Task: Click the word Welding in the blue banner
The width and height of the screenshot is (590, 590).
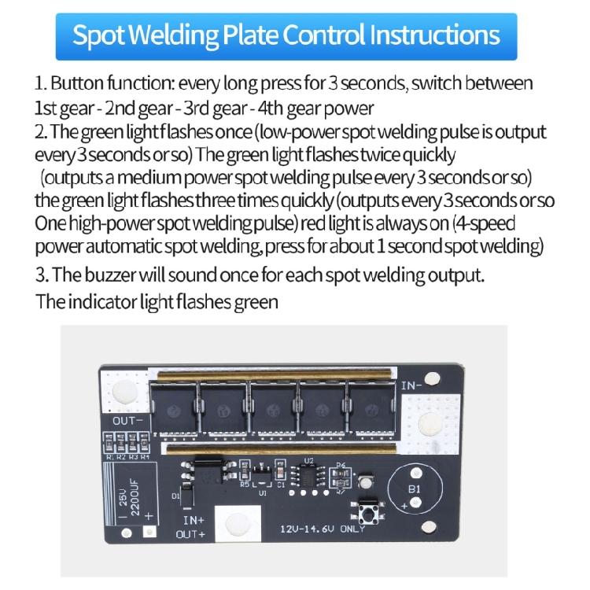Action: [174, 35]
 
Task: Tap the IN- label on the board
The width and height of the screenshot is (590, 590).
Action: [411, 385]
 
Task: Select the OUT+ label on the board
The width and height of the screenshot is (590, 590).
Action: [191, 534]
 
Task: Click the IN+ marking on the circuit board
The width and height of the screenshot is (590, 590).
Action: [194, 520]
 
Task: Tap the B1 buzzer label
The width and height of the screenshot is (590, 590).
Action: [414, 489]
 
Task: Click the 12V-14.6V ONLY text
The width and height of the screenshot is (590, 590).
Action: [323, 529]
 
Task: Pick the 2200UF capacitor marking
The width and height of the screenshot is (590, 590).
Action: [135, 497]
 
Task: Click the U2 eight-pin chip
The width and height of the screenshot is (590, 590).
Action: [308, 478]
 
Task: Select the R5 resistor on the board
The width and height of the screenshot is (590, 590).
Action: [244, 470]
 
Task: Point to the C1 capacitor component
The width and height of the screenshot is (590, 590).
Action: [280, 470]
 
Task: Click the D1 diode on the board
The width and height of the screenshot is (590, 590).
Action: [187, 495]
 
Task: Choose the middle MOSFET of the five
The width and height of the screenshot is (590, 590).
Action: [271, 408]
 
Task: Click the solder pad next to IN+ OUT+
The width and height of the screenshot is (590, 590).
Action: [238, 523]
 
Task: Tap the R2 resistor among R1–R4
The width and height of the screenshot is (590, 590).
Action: [120, 442]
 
